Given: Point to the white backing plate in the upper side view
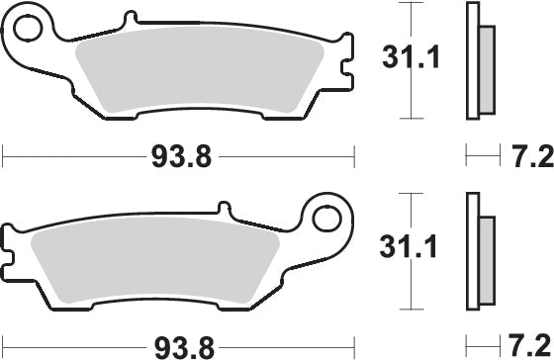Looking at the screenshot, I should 473,59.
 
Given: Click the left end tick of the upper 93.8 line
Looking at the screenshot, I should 4,155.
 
